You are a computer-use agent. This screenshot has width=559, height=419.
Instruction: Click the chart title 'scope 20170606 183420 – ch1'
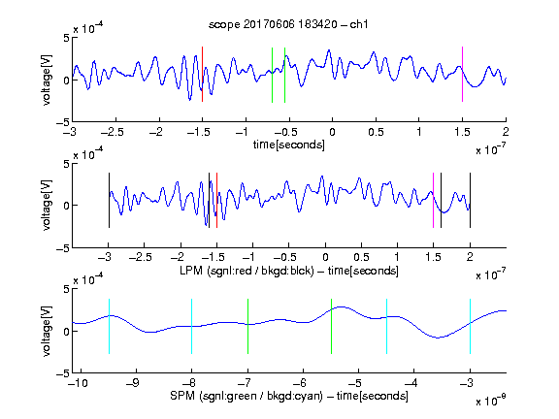click(288, 24)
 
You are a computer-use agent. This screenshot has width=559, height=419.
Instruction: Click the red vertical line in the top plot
click(203, 75)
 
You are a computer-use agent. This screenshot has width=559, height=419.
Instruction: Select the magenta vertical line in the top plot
click(462, 75)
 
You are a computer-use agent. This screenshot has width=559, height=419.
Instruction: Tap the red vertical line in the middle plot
click(216, 200)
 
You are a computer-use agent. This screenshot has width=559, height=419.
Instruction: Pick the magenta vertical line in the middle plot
click(433, 200)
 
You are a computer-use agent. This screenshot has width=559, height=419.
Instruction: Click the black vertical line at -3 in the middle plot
click(109, 200)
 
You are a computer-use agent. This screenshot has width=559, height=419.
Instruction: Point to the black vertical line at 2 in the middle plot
click(470, 200)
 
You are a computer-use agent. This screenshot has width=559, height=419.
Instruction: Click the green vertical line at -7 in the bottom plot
click(247, 326)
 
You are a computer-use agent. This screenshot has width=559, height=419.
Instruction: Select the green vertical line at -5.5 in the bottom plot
click(331, 326)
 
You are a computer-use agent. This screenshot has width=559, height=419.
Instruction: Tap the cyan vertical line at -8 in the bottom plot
click(192, 326)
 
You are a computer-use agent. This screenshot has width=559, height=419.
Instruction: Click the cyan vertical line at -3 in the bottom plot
click(471, 326)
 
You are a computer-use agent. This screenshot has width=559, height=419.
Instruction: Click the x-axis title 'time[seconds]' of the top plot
click(289, 145)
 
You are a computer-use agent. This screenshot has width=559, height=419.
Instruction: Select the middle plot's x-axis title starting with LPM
click(289, 271)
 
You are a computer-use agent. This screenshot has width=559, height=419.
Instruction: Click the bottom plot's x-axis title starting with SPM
click(289, 396)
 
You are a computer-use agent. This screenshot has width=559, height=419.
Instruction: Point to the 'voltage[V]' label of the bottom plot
click(47, 331)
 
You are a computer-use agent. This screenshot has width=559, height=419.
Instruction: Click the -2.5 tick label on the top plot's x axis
click(113, 133)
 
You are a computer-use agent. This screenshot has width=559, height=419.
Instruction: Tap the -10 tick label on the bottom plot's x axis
click(78, 383)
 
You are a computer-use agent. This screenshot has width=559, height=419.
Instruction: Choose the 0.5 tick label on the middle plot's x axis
click(361, 257)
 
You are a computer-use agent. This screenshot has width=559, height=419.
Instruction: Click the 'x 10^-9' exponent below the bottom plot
click(490, 401)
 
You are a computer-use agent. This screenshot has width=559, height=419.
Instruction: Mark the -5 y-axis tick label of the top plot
click(63, 122)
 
